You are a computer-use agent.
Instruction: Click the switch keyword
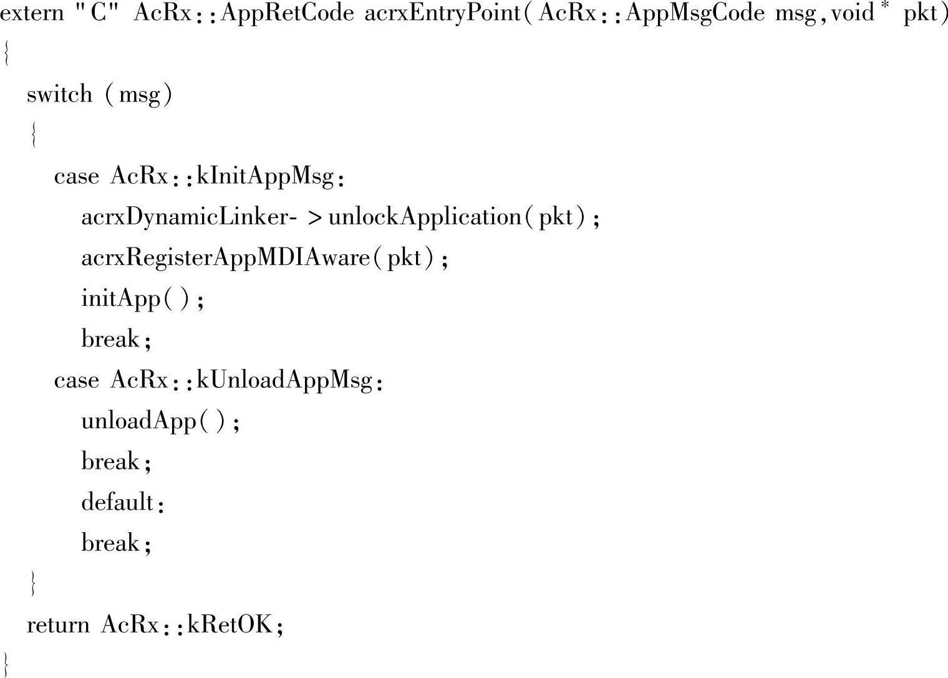click(59, 95)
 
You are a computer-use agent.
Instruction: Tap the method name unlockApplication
click(425, 217)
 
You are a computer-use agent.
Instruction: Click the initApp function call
click(121, 299)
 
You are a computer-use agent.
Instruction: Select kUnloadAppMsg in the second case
click(284, 380)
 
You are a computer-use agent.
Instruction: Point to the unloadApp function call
click(139, 421)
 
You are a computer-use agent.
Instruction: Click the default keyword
click(117, 502)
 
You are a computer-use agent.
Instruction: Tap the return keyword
click(58, 625)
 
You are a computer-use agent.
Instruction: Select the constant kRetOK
click(230, 625)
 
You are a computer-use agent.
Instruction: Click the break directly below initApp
click(110, 340)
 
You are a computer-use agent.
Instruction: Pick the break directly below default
click(110, 543)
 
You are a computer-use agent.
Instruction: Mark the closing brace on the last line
click(6, 664)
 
